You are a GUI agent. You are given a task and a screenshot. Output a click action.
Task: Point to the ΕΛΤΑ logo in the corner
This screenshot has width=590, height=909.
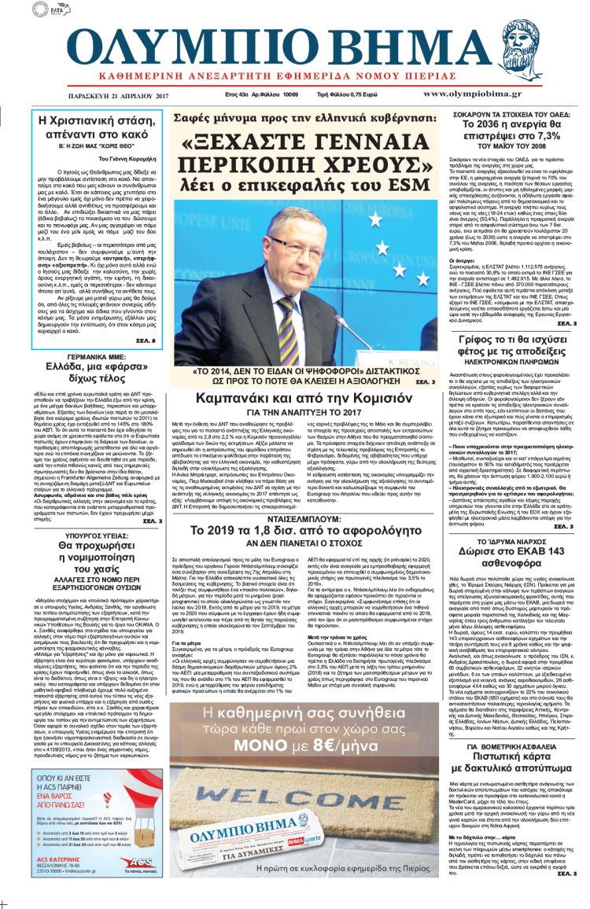coord(52,10)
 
